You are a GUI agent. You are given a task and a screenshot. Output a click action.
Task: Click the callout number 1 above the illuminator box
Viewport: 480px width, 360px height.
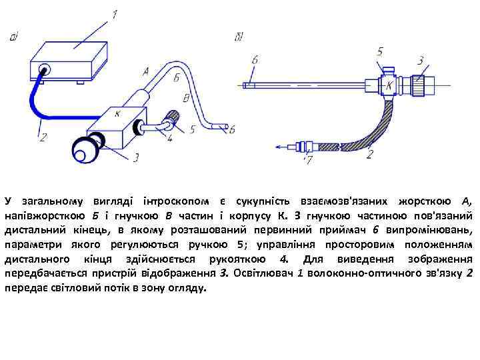coord(114,14)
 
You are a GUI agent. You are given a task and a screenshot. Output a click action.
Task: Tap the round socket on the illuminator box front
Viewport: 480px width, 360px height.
coord(45,69)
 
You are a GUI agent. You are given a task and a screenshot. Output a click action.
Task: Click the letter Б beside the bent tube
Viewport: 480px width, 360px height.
coord(175,78)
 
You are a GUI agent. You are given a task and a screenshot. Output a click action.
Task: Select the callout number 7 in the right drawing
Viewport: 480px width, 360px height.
coord(307,161)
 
